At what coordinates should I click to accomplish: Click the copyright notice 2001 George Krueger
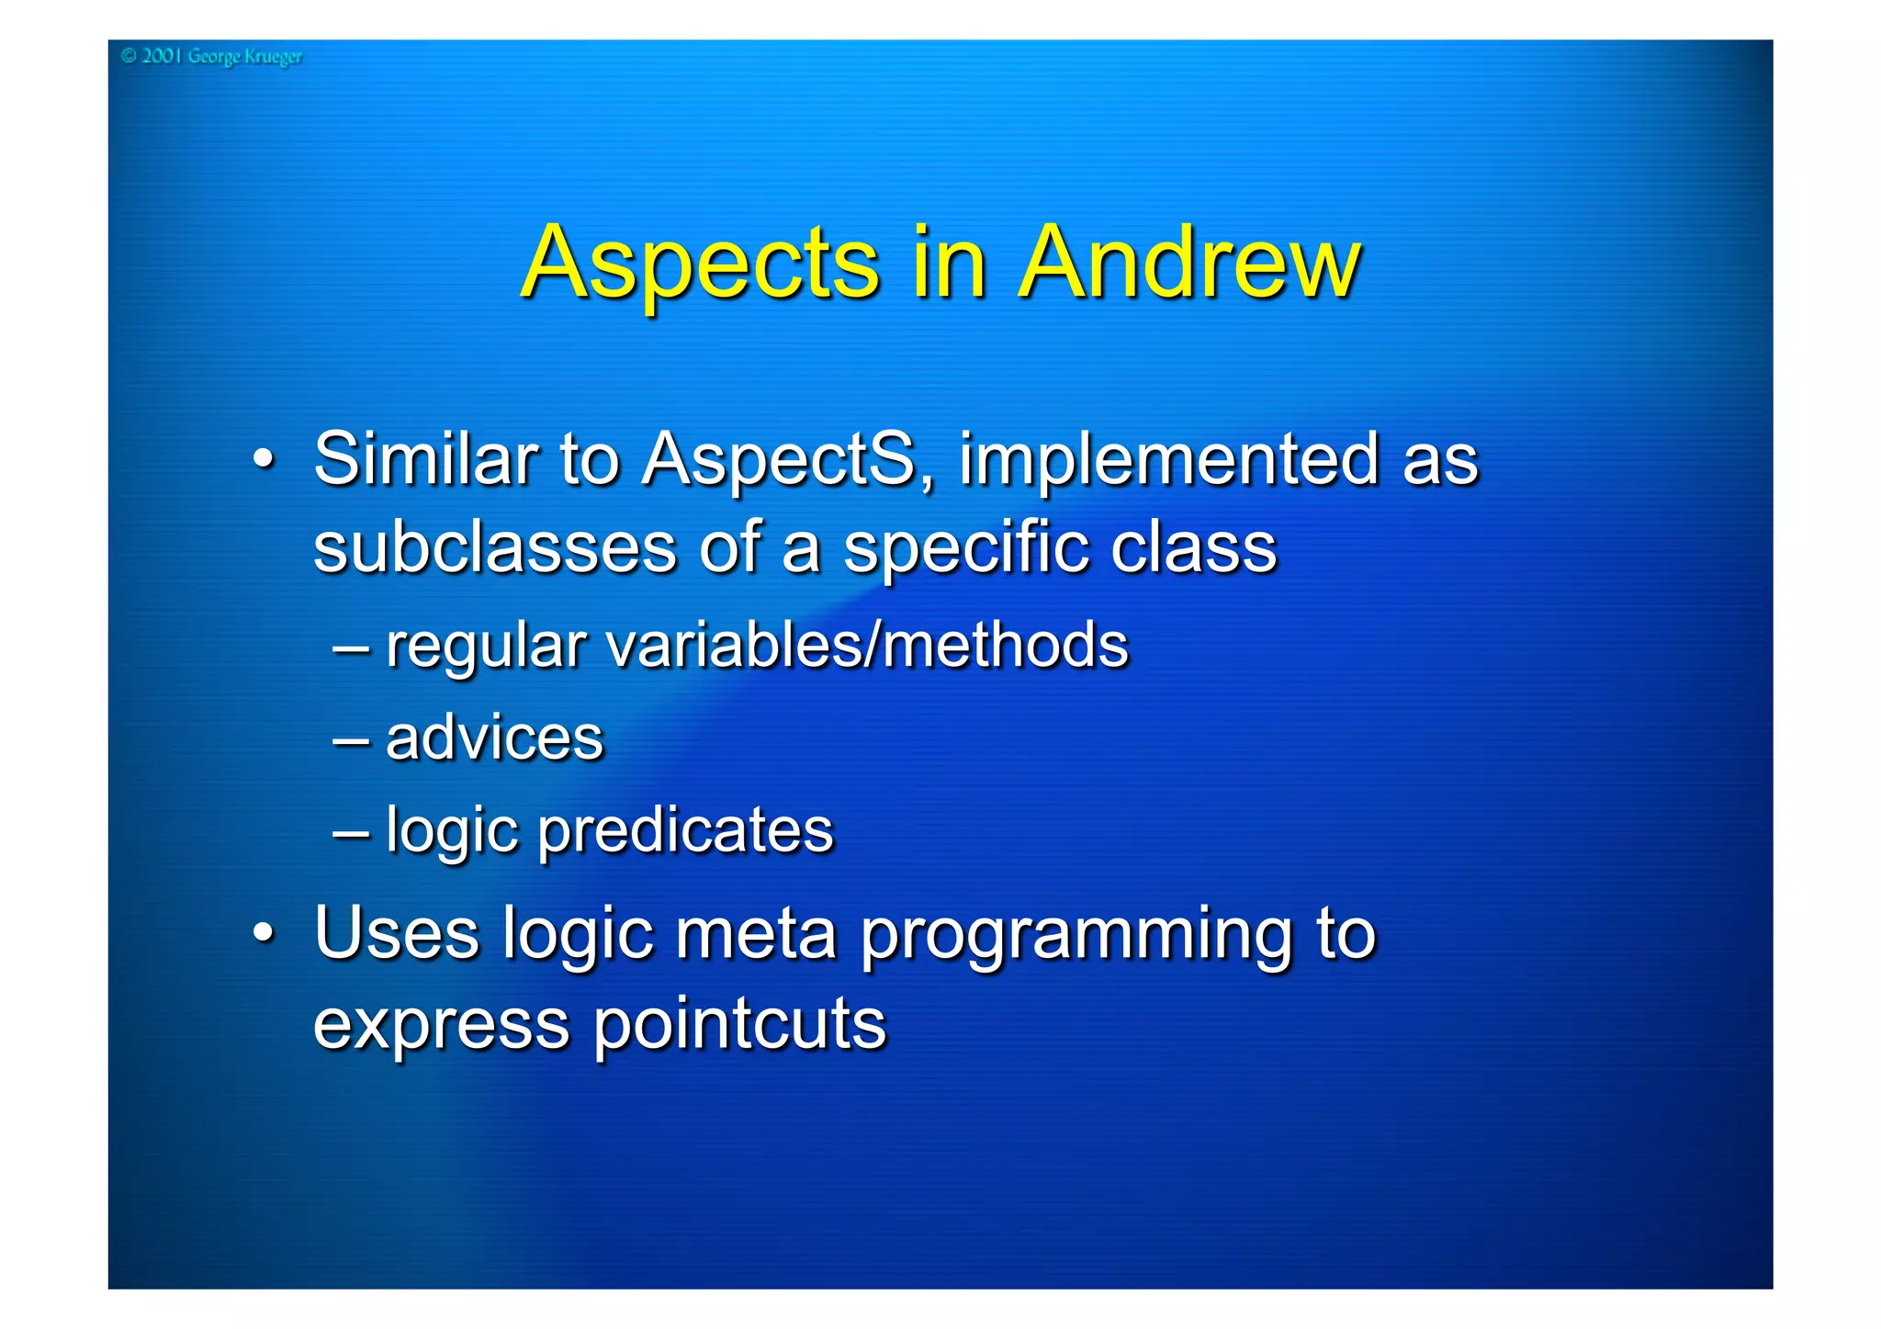coord(211,57)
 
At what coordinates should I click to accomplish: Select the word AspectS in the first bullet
coord(786,459)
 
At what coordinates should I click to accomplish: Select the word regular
coord(485,647)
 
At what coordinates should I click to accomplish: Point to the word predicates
coord(685,830)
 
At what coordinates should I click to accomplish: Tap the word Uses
coord(396,933)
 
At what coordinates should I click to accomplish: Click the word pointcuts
coord(739,1024)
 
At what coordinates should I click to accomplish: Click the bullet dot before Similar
coord(264,458)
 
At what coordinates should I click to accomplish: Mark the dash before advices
coord(352,740)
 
